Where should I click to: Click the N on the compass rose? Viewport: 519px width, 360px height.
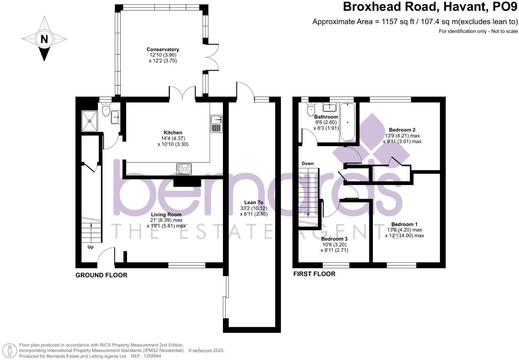44,39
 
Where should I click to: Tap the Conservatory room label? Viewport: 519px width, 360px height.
163,50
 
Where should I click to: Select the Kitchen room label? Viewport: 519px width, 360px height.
173,133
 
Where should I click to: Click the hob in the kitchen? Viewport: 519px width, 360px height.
184,169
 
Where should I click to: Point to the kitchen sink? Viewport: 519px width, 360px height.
217,124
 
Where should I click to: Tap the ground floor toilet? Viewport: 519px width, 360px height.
106,110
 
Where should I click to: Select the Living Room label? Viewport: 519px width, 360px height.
166,215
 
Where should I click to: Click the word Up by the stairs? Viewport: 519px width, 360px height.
90,247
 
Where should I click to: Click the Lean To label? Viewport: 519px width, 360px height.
254,202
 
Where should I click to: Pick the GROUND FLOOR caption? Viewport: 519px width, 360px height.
101,275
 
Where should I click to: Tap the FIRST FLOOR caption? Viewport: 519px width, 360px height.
314,274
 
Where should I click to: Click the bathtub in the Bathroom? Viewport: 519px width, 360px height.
347,122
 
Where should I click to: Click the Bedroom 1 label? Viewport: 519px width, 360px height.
404,224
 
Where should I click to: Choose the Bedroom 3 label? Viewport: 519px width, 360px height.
334,239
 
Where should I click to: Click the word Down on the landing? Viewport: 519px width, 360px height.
307,163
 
